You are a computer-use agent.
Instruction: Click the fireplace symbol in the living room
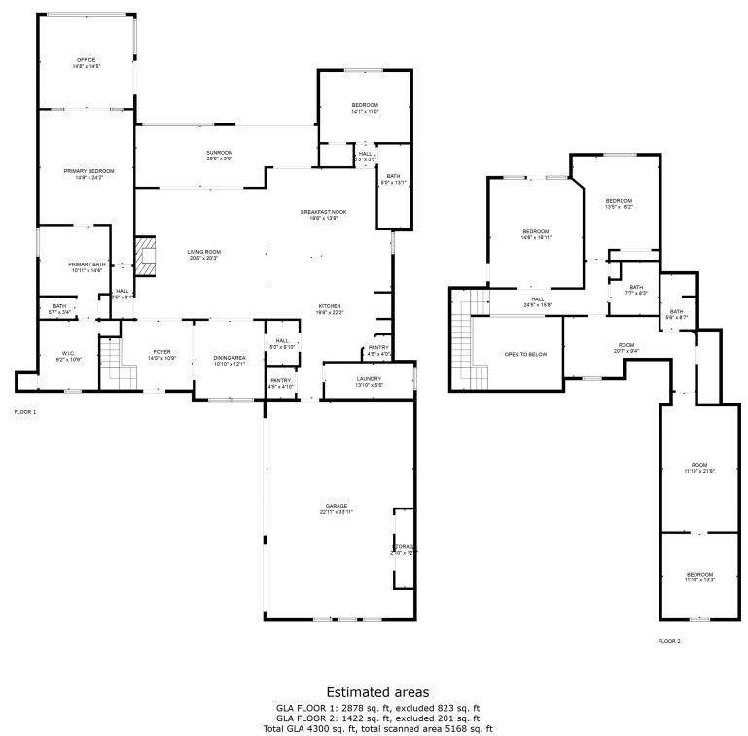[x=144, y=256]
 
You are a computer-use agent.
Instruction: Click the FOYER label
[x=161, y=355]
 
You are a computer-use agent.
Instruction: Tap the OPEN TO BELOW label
[x=525, y=354]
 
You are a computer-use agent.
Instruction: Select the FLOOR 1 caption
[x=24, y=412]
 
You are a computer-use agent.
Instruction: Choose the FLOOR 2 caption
[x=669, y=641]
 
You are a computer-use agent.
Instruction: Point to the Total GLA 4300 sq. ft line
[x=378, y=728]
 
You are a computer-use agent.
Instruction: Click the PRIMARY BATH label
[x=87, y=267]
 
